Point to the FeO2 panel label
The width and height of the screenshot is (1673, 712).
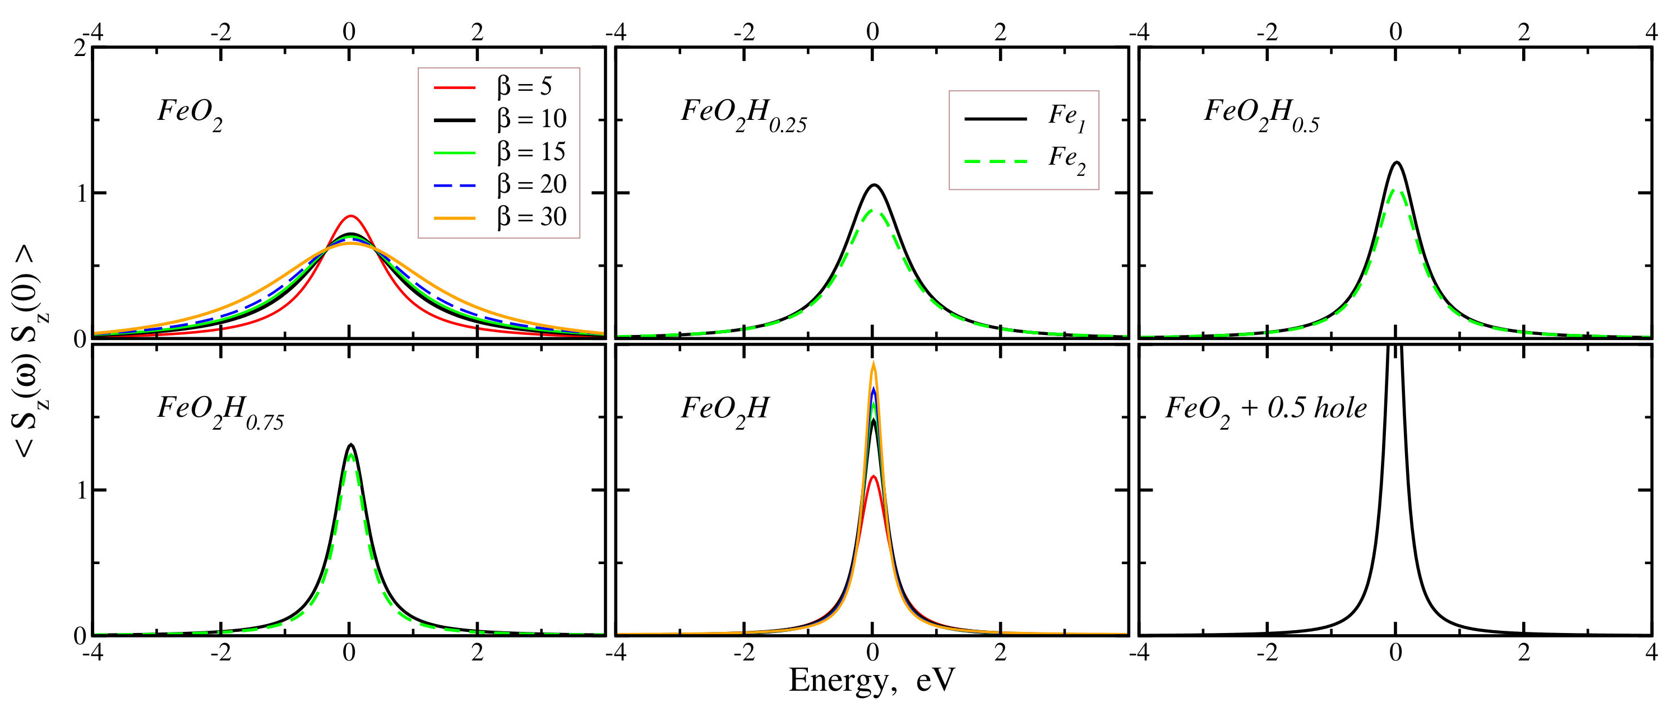[x=190, y=114]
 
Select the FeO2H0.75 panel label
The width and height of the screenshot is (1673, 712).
[x=220, y=411]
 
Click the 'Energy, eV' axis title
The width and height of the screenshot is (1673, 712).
[x=872, y=681]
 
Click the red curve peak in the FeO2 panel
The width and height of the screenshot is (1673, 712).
[x=351, y=216]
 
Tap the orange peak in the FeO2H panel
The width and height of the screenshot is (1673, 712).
[x=874, y=365]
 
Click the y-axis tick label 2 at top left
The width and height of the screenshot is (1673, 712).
[x=80, y=49]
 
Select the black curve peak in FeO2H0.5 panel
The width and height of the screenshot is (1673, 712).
[x=1397, y=163]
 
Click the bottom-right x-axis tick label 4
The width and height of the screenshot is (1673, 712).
[x=1652, y=652]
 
